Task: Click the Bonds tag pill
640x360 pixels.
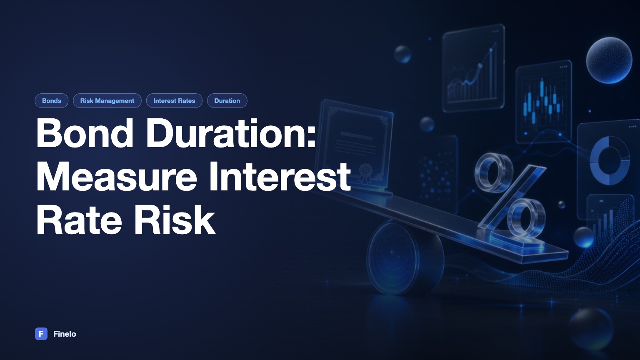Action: (x=51, y=100)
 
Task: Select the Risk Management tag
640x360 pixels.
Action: (x=107, y=100)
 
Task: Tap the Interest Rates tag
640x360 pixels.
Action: (x=174, y=100)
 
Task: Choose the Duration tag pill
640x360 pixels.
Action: (x=227, y=100)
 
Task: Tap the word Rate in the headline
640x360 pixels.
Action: (x=79, y=220)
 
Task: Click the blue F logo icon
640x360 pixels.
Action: (x=41, y=334)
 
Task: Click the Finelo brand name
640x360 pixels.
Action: (x=65, y=334)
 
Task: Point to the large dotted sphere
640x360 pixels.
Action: (x=609, y=60)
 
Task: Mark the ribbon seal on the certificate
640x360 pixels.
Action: (x=365, y=172)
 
